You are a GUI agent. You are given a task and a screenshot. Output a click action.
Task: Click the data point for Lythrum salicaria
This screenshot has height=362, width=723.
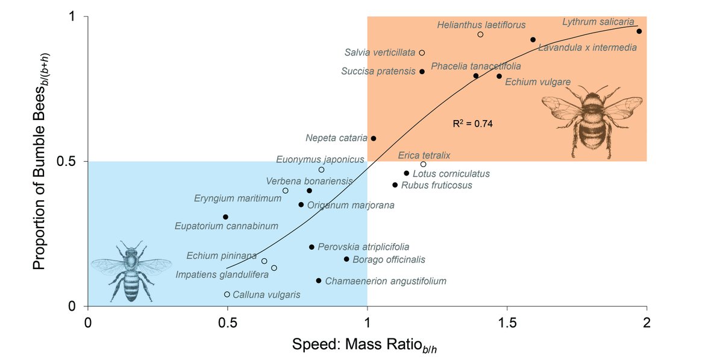[x=639, y=31]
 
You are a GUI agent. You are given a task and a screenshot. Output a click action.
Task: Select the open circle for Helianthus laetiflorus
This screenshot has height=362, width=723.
[x=480, y=34]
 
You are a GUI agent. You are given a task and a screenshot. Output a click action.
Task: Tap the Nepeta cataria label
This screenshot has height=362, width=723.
[x=336, y=138]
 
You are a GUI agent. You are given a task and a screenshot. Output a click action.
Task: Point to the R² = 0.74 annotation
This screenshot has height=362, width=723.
[x=472, y=124]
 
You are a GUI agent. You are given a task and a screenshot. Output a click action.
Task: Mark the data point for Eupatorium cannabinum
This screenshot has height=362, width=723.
[x=225, y=217]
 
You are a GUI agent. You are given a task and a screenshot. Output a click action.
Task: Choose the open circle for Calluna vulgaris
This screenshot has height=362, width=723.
[x=227, y=294]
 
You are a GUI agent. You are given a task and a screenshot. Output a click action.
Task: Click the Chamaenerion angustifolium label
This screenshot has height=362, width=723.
[x=386, y=281]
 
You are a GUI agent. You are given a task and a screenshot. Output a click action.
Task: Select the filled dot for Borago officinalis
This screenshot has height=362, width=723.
[x=346, y=259]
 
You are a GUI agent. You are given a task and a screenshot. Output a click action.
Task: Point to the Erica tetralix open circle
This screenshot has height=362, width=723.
[x=424, y=164]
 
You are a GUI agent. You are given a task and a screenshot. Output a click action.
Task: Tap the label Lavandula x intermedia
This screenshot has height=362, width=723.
[x=587, y=48]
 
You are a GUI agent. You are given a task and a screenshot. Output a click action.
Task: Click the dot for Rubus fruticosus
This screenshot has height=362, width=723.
[x=395, y=185]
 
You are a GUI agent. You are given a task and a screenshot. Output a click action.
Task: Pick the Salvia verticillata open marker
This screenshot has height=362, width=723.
[x=422, y=53]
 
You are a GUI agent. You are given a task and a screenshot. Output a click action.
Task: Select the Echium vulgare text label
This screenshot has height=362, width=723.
[x=537, y=81]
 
